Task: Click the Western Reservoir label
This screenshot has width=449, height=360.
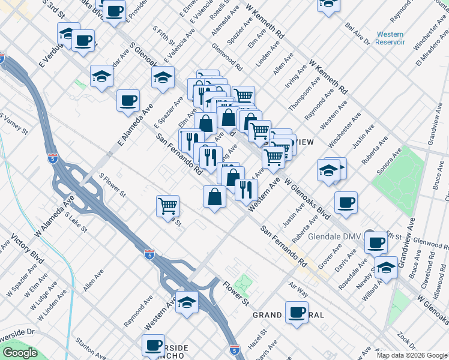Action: pos(390,38)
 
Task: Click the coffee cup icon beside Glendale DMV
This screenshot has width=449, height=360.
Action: pos(376,242)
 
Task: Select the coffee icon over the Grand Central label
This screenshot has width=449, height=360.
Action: pos(297,312)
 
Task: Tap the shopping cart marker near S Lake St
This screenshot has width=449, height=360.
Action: pos(168,206)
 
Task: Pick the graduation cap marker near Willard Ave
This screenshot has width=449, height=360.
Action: pos(386,268)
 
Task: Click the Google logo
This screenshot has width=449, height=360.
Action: pos(20,353)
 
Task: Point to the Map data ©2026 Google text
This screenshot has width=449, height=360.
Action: pos(412,355)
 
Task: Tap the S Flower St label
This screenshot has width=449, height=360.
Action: pos(112,186)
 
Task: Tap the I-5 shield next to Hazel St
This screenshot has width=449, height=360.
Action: pos(235,349)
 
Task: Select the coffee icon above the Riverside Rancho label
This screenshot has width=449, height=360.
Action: pos(153,345)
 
